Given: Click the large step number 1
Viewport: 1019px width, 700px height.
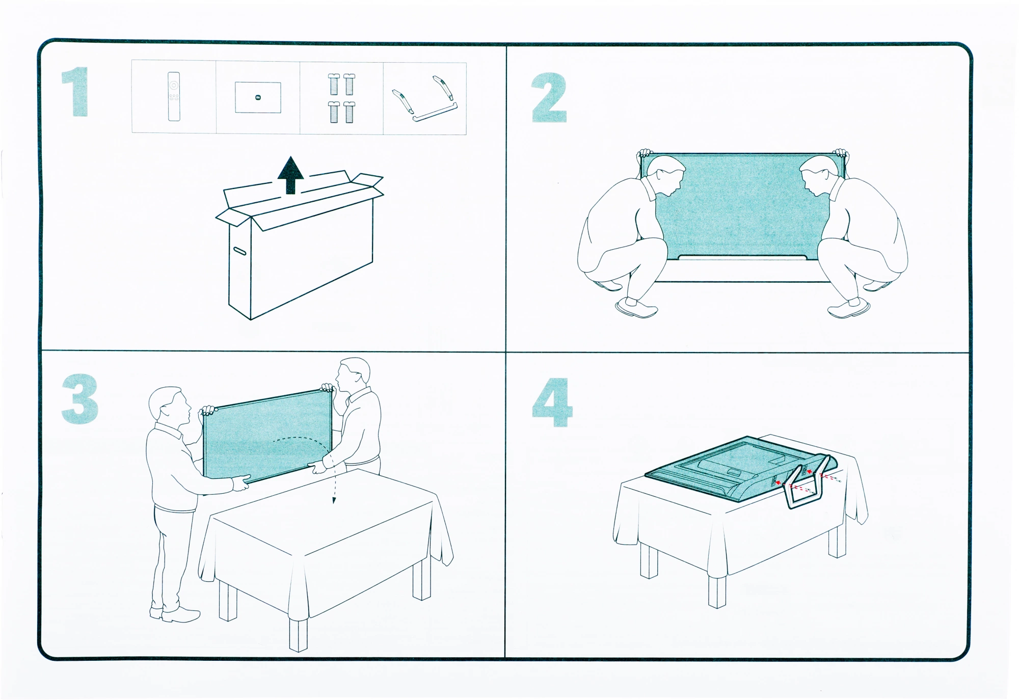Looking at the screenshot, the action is point(75,92).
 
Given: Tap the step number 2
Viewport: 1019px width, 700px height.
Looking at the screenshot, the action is point(549,97).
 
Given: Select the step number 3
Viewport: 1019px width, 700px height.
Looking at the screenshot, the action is point(79,399).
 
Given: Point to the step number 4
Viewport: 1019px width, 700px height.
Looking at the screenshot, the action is point(552,402).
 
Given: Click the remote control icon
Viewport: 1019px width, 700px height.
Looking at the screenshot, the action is point(174,96).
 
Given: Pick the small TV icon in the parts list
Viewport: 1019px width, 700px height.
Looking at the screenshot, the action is point(258,97).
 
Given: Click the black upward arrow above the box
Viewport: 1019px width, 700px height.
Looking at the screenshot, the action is point(290,175).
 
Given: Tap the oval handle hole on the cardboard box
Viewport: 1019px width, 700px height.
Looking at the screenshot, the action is point(239,250).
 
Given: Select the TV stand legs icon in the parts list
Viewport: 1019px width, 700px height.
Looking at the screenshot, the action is point(425,99).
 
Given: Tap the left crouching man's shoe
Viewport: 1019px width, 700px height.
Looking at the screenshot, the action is point(636,307).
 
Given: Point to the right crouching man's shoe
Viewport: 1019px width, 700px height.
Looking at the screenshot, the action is point(849,308).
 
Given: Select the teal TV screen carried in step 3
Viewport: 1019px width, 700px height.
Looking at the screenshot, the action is point(267,436).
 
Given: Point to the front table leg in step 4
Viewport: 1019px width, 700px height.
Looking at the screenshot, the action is point(717,591).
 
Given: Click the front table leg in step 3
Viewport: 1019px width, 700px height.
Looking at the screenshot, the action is point(298,634).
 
